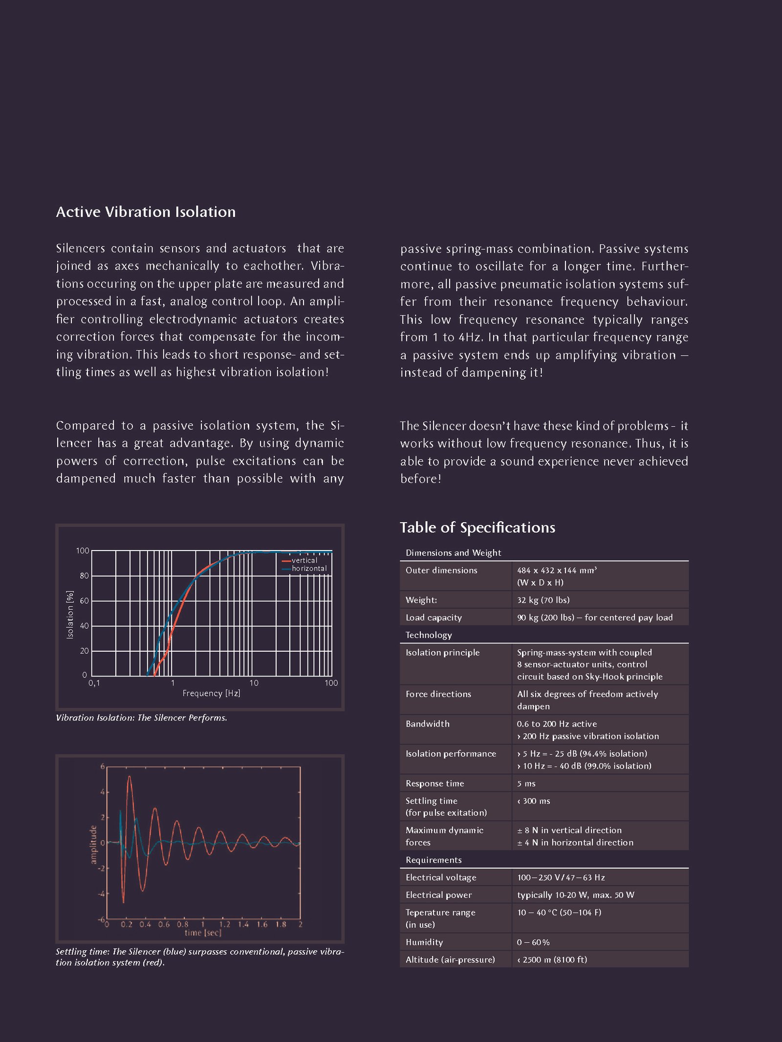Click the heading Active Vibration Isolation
(x=146, y=212)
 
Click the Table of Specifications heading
(x=478, y=527)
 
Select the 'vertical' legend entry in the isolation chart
(x=304, y=560)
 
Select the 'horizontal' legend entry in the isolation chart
(x=309, y=569)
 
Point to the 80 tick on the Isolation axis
(x=84, y=576)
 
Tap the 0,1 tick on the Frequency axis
(x=94, y=683)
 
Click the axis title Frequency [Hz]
(x=211, y=693)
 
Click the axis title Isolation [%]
(x=70, y=615)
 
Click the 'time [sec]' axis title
(x=203, y=933)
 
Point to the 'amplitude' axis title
(x=93, y=845)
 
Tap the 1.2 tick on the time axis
(x=224, y=924)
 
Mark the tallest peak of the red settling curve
(x=129, y=776)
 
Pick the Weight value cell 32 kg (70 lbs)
(x=543, y=600)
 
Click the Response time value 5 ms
(x=526, y=784)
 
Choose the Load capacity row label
(x=434, y=617)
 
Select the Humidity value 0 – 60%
(x=533, y=942)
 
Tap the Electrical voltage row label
(x=441, y=877)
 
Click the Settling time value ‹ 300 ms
(x=533, y=801)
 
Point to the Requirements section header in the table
(x=434, y=860)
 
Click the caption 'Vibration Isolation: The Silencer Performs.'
(x=141, y=718)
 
